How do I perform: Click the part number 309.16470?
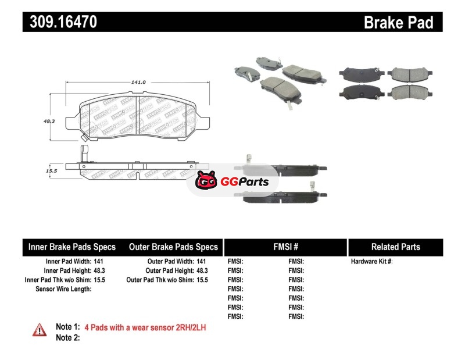pos(60,22)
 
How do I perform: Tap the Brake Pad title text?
pos(399,22)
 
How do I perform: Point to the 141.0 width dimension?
pos(138,83)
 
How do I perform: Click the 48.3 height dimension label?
pos(49,121)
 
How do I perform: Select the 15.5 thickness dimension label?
pos(51,171)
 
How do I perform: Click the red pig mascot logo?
pos(206,182)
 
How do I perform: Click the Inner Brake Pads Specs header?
pos(72,247)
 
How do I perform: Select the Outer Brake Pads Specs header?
pos(173,247)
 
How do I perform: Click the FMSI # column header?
pos(285,247)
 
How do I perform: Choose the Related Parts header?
pos(395,247)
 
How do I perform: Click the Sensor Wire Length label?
pos(63,288)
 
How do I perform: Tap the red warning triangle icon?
pos(40,329)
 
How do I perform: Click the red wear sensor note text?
pos(145,327)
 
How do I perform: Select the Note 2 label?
pos(67,337)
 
